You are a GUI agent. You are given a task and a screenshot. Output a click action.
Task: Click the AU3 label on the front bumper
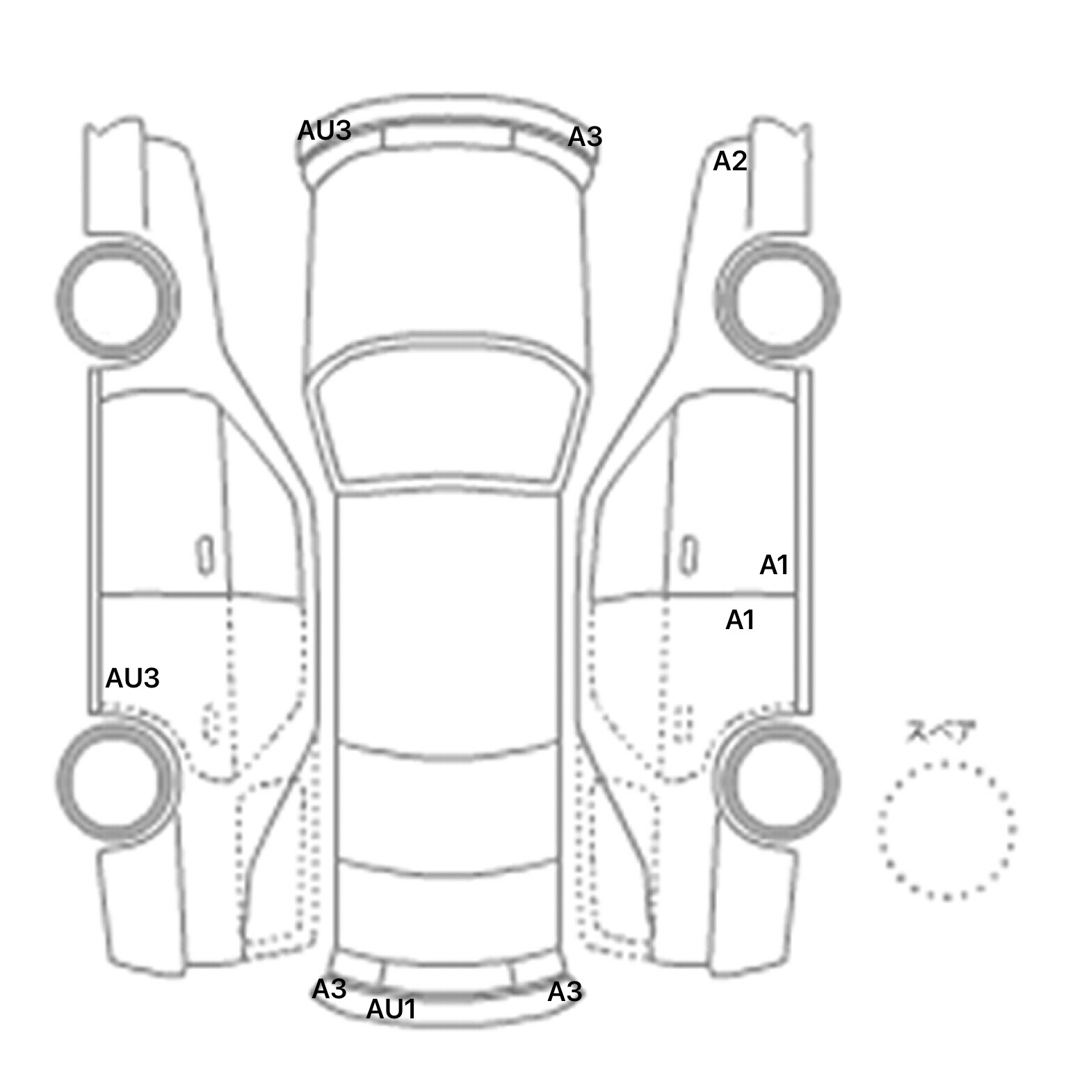[325, 131]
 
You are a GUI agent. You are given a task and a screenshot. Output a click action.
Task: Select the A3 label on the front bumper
[585, 137]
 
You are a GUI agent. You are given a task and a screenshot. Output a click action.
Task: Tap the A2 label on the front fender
[730, 161]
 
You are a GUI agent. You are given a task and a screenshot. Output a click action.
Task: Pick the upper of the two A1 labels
[774, 566]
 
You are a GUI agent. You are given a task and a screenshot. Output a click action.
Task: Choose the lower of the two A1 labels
[740, 620]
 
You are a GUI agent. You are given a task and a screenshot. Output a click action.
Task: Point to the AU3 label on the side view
[132, 678]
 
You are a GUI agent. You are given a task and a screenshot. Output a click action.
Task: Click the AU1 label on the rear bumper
[391, 1009]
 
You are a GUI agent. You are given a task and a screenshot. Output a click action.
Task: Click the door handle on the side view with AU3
[204, 554]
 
